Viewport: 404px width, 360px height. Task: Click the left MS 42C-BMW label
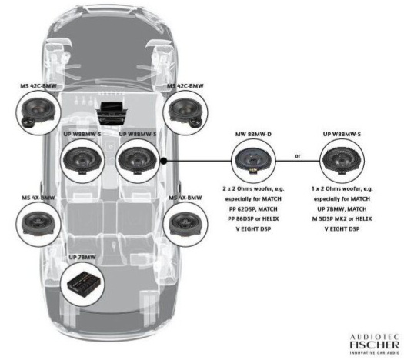38,85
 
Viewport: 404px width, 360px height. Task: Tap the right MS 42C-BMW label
185,85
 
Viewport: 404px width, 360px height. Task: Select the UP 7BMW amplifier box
83,285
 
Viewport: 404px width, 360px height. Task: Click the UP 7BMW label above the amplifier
82,257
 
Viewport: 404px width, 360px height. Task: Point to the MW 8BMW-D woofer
253,161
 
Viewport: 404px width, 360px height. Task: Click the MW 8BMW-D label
253,134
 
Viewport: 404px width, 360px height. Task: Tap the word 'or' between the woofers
298,156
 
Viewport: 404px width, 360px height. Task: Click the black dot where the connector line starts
164,162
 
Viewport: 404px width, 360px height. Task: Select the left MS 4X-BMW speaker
38,223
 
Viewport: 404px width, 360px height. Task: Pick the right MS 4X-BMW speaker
185,223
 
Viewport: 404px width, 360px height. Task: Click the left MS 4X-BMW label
38,198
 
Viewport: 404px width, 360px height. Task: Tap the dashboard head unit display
112,106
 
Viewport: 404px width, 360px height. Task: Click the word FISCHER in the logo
374,345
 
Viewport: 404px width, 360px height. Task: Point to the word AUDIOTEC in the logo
374,337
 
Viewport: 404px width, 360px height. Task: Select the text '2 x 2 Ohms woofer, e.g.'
253,188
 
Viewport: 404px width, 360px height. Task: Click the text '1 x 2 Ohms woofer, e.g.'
342,188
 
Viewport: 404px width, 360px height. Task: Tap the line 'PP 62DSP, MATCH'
253,208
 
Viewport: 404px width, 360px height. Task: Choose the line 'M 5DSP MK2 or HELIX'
342,219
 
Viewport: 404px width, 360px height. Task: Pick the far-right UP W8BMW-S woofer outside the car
342,161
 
